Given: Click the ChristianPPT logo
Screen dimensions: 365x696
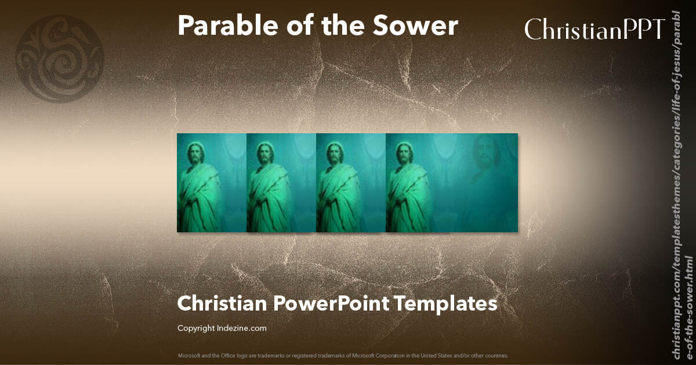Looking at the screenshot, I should (x=594, y=29).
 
